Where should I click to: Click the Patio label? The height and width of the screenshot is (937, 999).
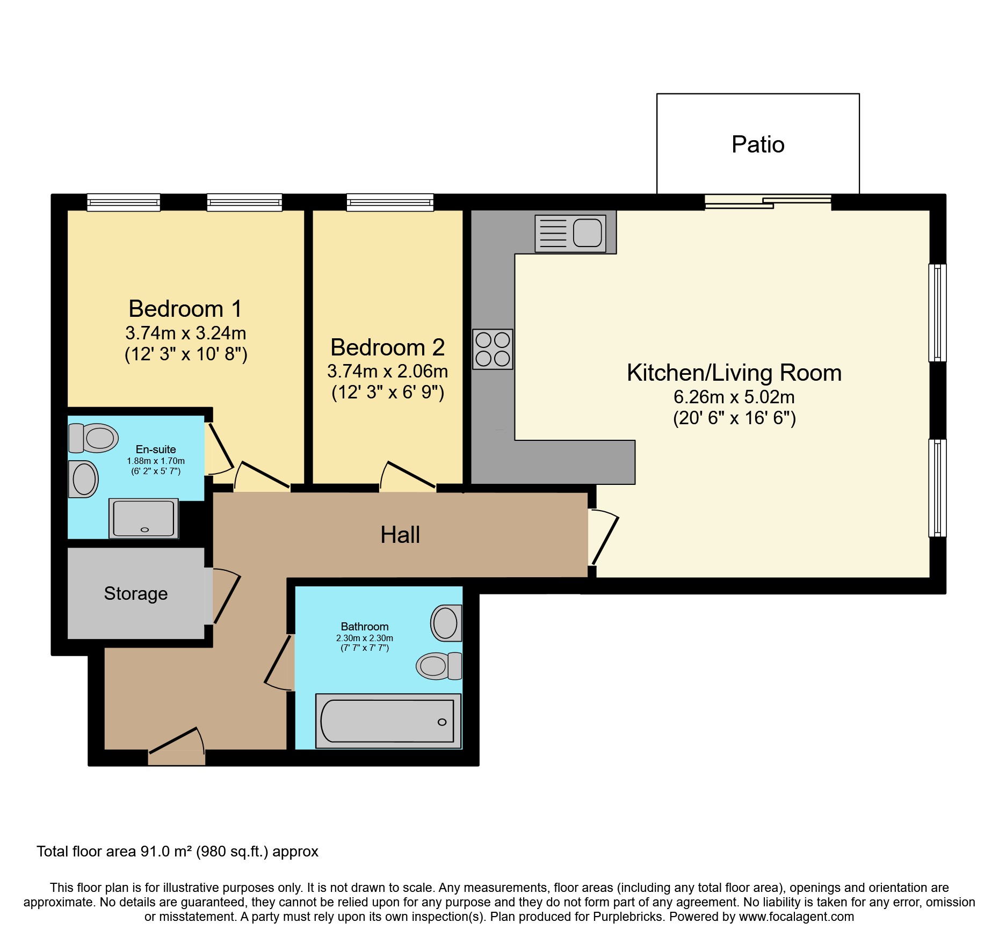(758, 144)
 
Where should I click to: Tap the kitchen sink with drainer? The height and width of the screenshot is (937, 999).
(570, 234)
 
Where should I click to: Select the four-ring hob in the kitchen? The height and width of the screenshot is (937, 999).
(493, 349)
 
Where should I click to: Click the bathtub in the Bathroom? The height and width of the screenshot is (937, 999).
(388, 721)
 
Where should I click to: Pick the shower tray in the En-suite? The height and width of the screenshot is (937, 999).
(143, 518)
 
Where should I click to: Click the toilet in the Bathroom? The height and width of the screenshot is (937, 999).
(439, 666)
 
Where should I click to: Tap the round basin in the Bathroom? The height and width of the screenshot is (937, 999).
(446, 623)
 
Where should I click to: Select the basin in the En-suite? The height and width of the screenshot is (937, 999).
(83, 479)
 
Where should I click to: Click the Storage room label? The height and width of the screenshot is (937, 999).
(136, 593)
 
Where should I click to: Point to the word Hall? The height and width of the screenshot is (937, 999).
(400, 535)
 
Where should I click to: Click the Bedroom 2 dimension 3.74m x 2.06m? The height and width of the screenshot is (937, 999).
(387, 371)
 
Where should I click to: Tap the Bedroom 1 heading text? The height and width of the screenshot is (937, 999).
(185, 309)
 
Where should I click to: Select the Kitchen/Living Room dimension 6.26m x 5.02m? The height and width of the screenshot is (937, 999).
(734, 397)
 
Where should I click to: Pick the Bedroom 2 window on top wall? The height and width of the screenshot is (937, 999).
(390, 202)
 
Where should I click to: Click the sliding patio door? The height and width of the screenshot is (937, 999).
(768, 202)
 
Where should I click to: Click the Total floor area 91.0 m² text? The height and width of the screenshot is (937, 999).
(177, 852)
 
